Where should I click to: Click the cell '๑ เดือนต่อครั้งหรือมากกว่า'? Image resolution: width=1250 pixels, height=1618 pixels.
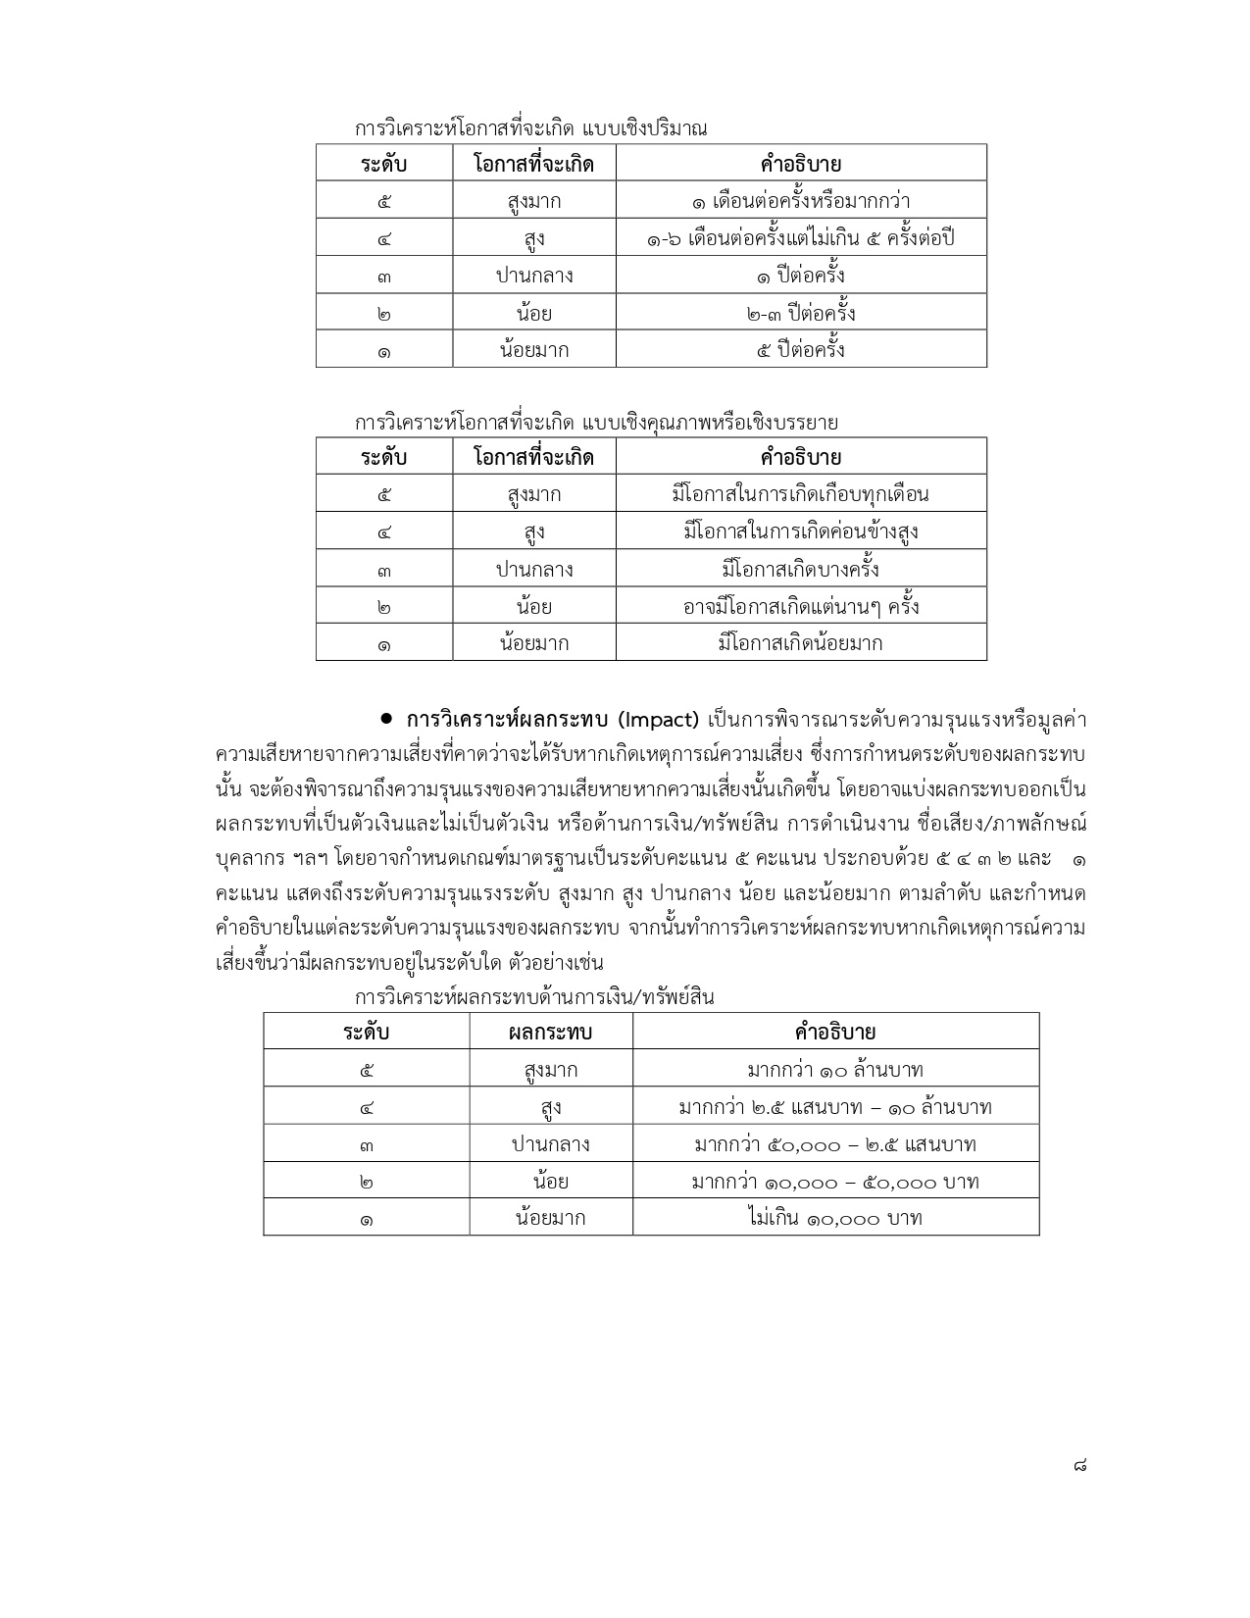[x=801, y=201]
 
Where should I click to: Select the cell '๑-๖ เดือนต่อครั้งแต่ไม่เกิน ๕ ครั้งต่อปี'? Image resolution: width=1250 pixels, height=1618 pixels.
[x=801, y=238]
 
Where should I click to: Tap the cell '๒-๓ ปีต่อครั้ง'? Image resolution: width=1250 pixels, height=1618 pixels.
[x=801, y=313]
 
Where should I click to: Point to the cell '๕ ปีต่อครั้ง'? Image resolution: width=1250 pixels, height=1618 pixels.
[x=801, y=350]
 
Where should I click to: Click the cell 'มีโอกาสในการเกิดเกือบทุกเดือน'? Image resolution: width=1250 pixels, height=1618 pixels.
[x=801, y=494]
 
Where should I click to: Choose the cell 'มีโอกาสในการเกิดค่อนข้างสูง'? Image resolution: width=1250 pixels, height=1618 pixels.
[x=801, y=531]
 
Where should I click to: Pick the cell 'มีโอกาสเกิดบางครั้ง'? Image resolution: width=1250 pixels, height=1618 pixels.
[x=801, y=569]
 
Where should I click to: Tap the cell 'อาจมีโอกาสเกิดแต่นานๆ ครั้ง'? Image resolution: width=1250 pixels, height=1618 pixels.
[x=801, y=606]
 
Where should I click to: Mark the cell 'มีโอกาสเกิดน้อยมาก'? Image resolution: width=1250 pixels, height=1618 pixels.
[x=801, y=643]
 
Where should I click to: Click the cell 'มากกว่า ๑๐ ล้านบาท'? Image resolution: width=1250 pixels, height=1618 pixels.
[x=835, y=1069]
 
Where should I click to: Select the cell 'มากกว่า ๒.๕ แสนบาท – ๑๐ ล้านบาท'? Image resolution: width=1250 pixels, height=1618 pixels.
[x=835, y=1107]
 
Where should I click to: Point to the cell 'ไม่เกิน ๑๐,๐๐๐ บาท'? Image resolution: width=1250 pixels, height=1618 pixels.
[x=835, y=1218]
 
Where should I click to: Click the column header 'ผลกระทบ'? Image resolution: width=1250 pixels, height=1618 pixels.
[x=551, y=1032]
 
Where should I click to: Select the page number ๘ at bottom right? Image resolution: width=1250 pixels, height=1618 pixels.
[x=1078, y=1466]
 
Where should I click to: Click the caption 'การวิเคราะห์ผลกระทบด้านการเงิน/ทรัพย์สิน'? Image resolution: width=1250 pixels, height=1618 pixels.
[x=534, y=997]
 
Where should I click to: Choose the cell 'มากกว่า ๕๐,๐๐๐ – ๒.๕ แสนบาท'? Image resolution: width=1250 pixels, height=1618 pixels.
[x=835, y=1144]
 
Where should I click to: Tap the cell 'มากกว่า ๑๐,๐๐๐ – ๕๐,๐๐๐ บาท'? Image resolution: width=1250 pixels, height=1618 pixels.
[x=835, y=1182]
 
